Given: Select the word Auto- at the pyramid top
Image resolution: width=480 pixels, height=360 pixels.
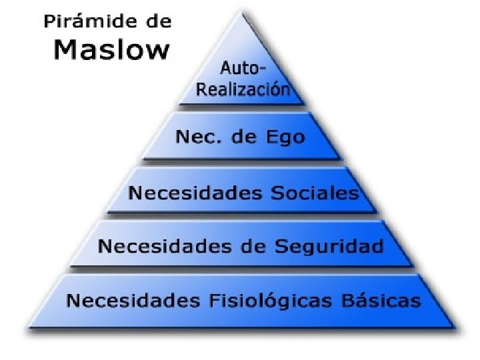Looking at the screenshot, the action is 242,69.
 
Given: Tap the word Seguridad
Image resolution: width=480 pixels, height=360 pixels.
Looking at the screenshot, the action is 339,246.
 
